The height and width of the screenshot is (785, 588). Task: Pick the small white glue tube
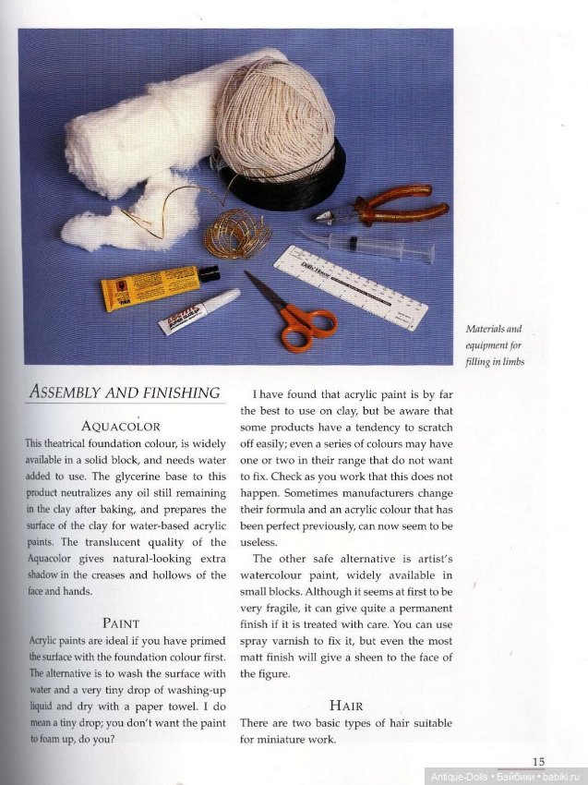click(197, 312)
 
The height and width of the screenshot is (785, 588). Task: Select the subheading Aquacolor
click(121, 427)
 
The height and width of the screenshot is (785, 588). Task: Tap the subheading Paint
click(121, 622)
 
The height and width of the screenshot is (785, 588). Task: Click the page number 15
click(538, 761)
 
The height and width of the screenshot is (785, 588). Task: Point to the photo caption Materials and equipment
click(494, 344)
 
